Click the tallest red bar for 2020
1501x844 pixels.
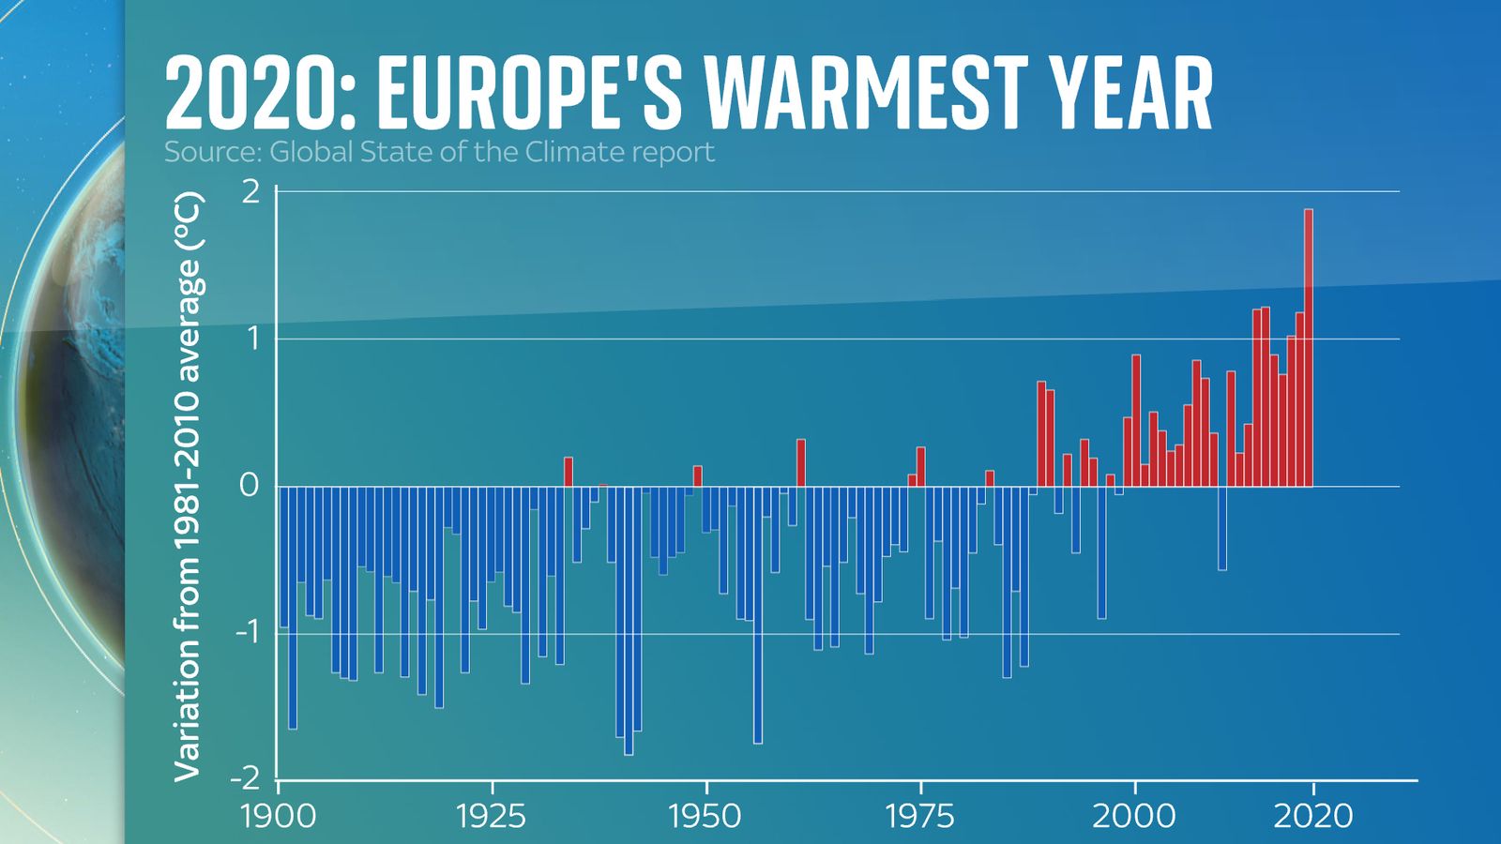click(1308, 347)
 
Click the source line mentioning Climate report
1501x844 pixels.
click(439, 152)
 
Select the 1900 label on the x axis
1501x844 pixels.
click(279, 816)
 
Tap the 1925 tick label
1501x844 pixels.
click(491, 816)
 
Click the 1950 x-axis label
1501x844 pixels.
click(705, 816)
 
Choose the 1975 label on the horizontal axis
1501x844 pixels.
click(919, 816)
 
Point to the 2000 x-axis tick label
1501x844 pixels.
click(1133, 816)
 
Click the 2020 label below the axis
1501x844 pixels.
click(1312, 816)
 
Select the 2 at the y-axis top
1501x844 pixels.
click(250, 191)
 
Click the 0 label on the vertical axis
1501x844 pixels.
click(249, 486)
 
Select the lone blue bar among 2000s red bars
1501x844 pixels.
click(1221, 527)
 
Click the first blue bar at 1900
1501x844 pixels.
click(283, 556)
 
